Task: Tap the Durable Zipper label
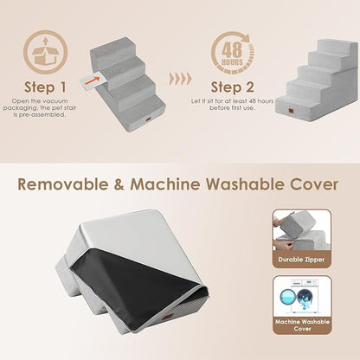click(302, 259)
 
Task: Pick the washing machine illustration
click(302, 294)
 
